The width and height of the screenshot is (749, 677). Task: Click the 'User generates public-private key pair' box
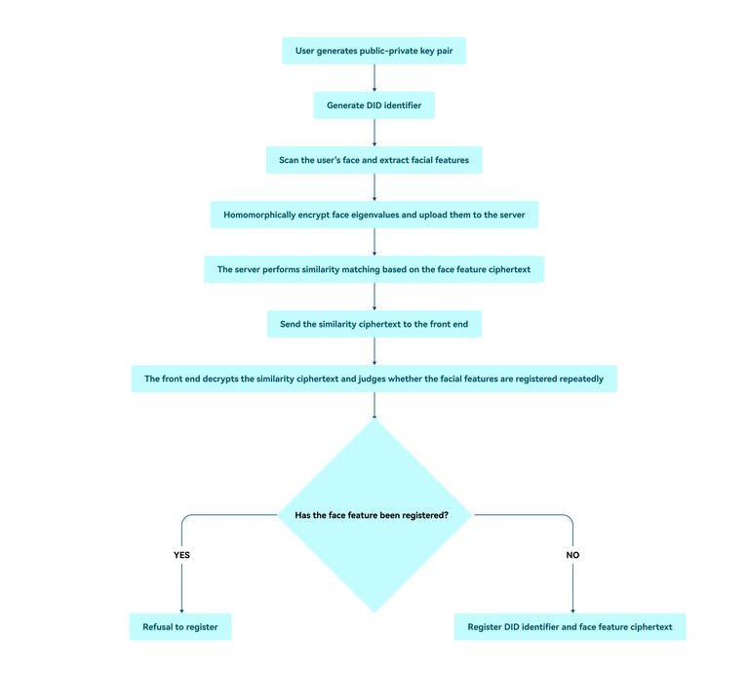374,51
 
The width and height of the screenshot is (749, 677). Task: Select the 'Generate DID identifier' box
374,105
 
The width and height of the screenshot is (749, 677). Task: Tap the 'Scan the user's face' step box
374,160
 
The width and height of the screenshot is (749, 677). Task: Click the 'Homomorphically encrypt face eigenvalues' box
374,215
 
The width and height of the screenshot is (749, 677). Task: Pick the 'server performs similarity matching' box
374,269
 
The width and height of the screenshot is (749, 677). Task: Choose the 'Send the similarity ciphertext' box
374,324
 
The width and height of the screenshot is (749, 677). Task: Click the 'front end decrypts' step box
374,378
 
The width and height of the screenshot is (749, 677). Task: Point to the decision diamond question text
372,514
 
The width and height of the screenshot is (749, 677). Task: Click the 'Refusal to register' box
180,626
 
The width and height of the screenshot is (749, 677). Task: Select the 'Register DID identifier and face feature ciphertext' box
570,626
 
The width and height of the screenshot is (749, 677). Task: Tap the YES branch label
181,554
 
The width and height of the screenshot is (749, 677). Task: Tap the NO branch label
572,554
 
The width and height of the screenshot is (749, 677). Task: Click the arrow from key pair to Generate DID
374,78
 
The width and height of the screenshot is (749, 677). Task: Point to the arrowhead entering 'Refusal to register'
181,609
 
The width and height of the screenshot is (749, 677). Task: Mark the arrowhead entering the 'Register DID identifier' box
572,609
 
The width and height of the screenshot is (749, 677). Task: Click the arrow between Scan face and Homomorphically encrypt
374,187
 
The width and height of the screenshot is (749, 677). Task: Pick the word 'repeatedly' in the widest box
579,378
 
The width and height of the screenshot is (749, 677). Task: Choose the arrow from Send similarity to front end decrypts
374,351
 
